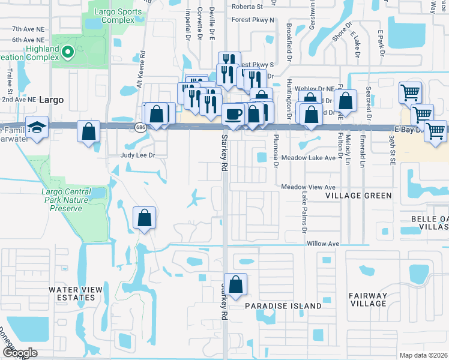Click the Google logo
coord(20,353)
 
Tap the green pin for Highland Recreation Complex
coord(67,53)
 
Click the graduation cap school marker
coord(37,127)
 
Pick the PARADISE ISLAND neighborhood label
coord(283,306)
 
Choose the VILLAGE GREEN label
coord(358,196)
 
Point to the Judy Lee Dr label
coord(138,155)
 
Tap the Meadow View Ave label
coord(309,187)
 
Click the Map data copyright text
coord(423,355)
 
